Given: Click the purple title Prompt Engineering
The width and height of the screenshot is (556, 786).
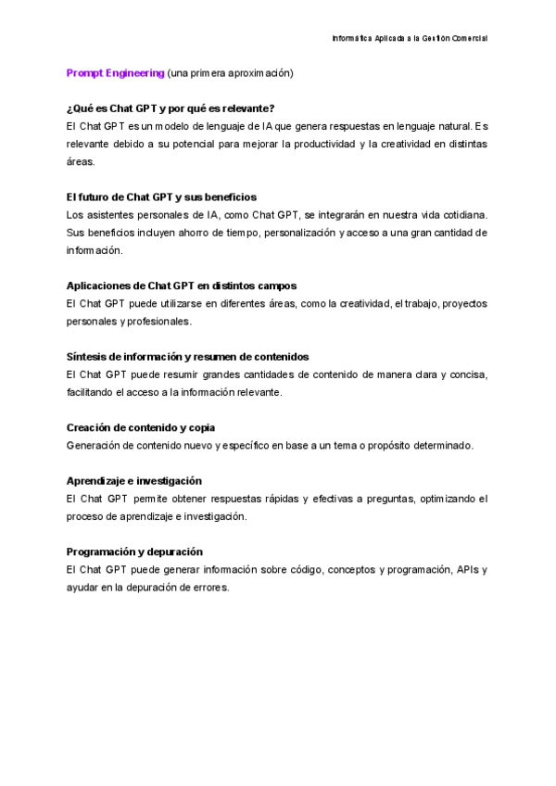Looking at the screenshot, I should pyautogui.click(x=116, y=72).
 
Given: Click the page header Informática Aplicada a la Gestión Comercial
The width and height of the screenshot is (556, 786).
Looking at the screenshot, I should pyautogui.click(x=410, y=38).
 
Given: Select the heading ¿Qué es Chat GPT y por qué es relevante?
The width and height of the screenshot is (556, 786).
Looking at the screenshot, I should pyautogui.click(x=171, y=108).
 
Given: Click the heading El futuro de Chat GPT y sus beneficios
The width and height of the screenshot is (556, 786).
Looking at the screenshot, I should pyautogui.click(x=162, y=197).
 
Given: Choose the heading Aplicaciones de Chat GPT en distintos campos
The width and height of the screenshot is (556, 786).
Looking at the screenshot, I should pyautogui.click(x=182, y=285).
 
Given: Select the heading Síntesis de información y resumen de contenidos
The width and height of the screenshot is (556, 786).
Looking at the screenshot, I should pyautogui.click(x=188, y=357).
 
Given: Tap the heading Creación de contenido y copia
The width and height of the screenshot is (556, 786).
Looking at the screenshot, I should pyautogui.click(x=141, y=427).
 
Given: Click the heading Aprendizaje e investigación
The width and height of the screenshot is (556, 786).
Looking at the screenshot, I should pyautogui.click(x=134, y=481).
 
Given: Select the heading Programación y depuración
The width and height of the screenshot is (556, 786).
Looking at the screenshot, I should pyautogui.click(x=134, y=551).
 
